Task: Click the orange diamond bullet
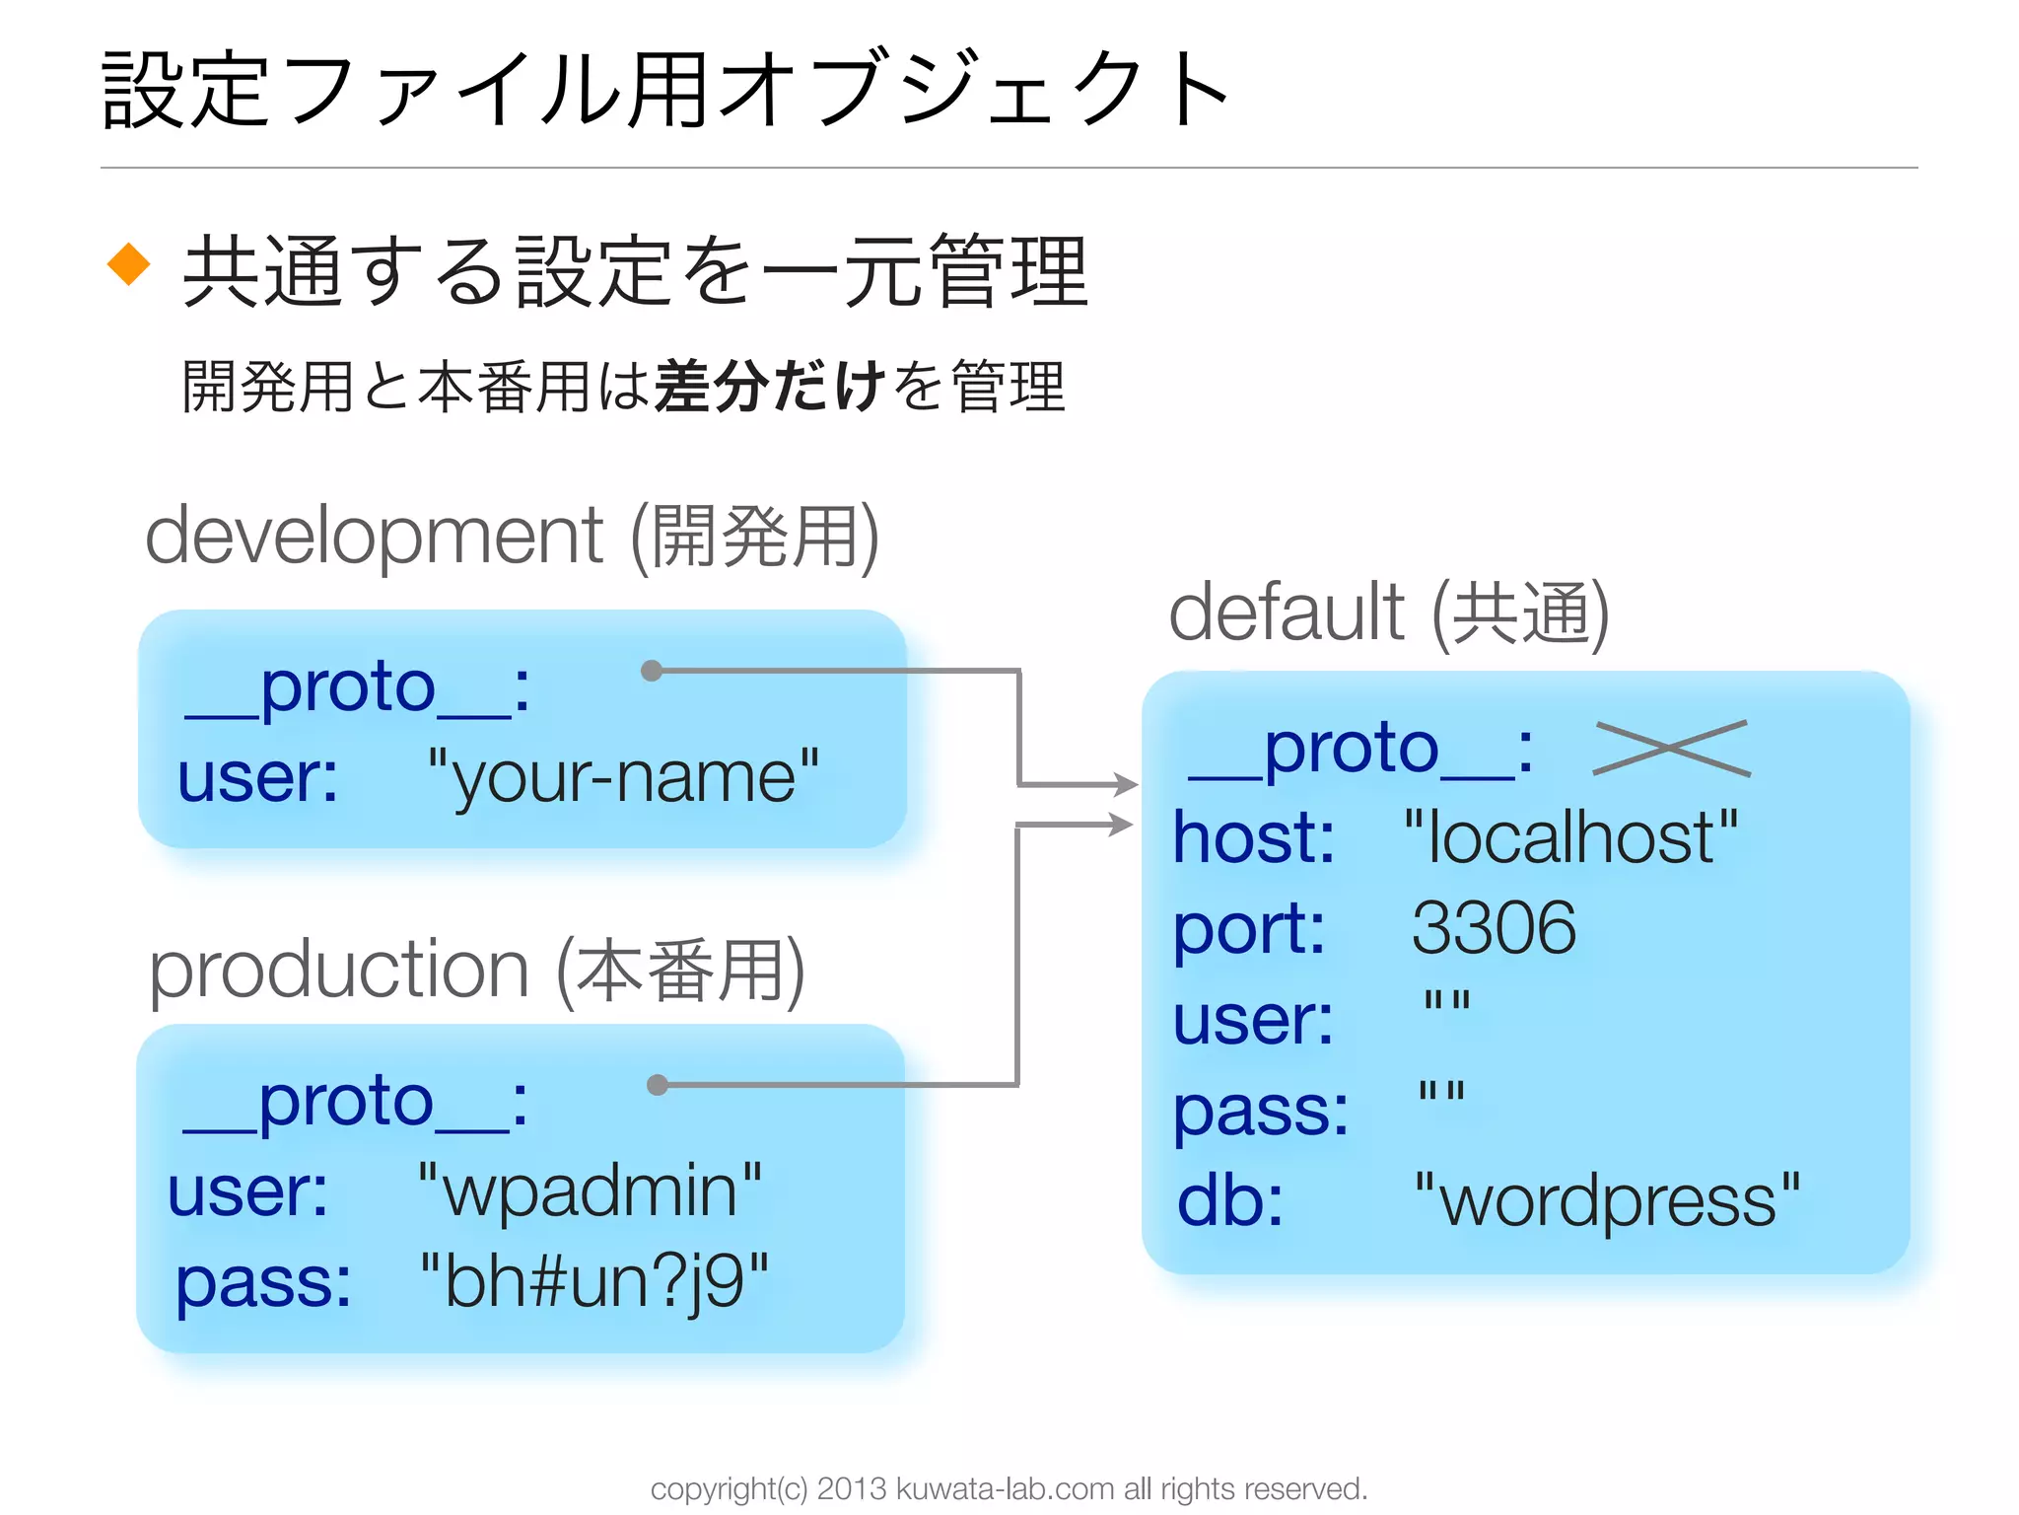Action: click(x=129, y=264)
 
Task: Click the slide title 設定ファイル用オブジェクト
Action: click(x=666, y=91)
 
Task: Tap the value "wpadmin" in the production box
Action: click(x=590, y=1190)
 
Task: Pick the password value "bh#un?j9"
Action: click(x=593, y=1281)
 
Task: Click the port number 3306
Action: click(x=1493, y=928)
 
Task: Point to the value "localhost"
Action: click(x=1570, y=837)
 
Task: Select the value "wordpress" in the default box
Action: click(x=1607, y=1200)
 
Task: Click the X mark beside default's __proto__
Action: click(x=1672, y=748)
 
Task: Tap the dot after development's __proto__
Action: click(x=651, y=671)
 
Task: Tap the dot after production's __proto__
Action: click(x=658, y=1085)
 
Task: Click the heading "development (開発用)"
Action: click(x=512, y=536)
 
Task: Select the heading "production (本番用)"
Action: click(x=477, y=971)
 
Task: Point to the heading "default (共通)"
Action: click(x=1388, y=613)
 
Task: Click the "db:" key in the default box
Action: click(x=1230, y=1200)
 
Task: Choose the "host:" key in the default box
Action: click(x=1253, y=837)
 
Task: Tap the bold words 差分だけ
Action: click(x=769, y=386)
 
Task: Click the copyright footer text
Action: click(x=1009, y=1487)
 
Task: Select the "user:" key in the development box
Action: click(x=257, y=777)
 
